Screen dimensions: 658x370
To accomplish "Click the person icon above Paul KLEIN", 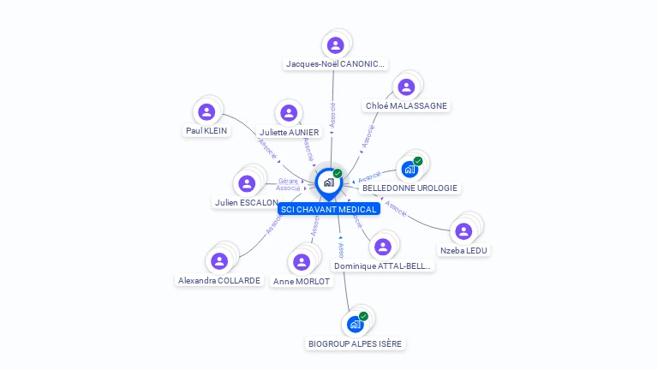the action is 206,111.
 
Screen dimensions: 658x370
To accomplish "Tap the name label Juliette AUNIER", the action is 289,132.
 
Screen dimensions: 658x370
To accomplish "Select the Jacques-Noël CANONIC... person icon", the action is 335,45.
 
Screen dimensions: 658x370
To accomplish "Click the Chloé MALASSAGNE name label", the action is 406,106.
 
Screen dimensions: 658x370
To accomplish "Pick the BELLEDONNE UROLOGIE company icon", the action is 409,169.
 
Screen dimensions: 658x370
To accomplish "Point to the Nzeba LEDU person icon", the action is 464,231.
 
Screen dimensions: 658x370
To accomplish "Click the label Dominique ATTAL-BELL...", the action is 384,266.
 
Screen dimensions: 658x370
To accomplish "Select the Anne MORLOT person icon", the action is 301,262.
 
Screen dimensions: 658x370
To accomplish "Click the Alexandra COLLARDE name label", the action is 219,280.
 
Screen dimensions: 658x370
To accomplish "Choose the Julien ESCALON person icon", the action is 247,183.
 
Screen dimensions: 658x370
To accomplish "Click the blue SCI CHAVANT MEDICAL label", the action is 329,209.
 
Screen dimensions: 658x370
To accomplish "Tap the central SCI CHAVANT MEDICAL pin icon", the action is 328,182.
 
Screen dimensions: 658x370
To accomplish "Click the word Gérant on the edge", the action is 288,181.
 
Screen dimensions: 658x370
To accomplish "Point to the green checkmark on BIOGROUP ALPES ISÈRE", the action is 363,316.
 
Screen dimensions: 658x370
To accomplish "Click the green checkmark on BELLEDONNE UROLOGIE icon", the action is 418,161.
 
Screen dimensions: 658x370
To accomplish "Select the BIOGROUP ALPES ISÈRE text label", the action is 355,343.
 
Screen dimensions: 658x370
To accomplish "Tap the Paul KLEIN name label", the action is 206,131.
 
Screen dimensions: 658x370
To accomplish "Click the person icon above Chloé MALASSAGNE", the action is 406,87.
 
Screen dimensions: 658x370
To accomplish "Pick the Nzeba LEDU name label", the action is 464,250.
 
